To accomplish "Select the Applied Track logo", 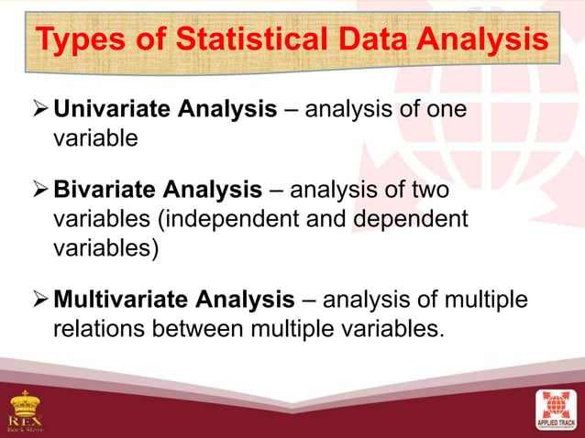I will pyautogui.click(x=557, y=410).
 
